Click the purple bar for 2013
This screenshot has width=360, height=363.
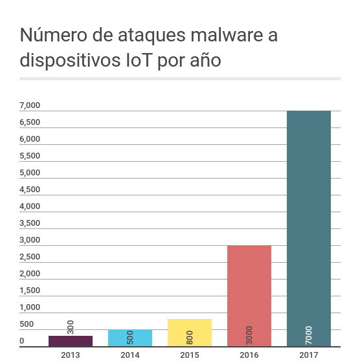tap(71, 341)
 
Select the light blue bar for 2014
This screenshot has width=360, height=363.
tap(130, 338)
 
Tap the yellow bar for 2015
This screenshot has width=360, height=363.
tap(190, 333)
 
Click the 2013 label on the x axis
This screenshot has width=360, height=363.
tap(71, 355)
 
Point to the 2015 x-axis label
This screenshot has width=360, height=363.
tap(190, 355)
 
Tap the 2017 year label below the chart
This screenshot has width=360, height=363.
tap(309, 355)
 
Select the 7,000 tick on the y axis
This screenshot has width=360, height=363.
tap(30, 105)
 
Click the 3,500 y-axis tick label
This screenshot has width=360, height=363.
tap(30, 223)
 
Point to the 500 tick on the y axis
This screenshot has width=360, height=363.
tap(27, 324)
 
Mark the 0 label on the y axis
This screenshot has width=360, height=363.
tap(22, 341)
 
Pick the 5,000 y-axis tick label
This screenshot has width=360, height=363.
tap(30, 173)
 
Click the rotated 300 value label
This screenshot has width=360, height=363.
tap(71, 327)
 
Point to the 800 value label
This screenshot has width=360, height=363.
tap(190, 337)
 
